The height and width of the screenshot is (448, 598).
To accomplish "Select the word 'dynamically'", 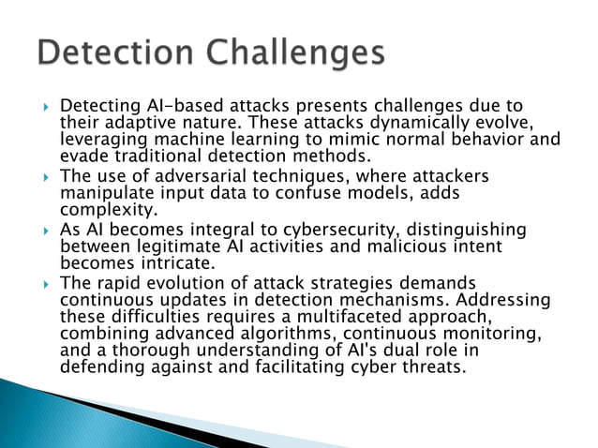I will click(417, 123).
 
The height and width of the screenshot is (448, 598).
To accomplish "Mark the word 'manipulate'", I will click(104, 193).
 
